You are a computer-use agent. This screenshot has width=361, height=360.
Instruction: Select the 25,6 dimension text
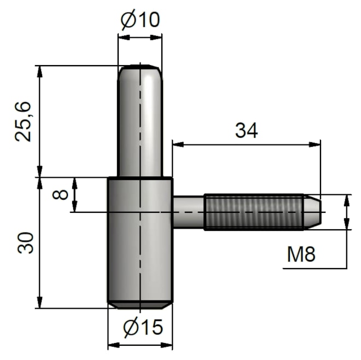click(25, 121)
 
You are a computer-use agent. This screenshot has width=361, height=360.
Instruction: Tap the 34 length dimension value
click(246, 130)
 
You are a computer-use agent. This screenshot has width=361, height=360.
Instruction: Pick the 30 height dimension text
click(25, 242)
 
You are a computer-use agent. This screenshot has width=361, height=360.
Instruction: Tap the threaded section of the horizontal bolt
click(253, 212)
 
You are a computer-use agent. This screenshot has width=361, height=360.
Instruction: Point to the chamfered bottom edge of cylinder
click(140, 304)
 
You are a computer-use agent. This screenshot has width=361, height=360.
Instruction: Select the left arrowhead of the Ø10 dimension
click(122, 37)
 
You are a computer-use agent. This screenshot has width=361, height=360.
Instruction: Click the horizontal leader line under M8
click(315, 269)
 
